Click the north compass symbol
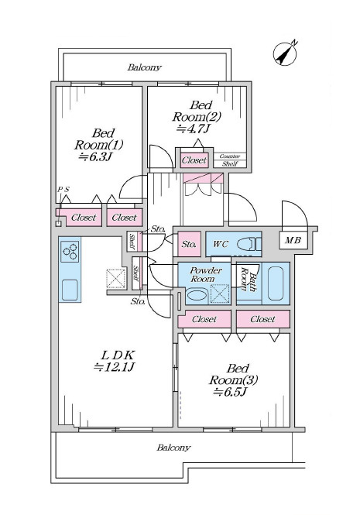[285, 53]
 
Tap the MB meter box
[293, 240]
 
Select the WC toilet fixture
[249, 244]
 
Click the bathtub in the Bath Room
[276, 283]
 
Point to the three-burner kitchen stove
[70, 252]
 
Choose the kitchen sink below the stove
[70, 290]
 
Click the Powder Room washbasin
[197, 294]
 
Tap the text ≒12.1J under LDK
[114, 367]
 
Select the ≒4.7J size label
[193, 129]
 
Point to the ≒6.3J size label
[95, 156]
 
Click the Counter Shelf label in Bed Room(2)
[230, 160]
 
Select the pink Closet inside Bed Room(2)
[194, 160]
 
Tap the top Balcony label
[145, 67]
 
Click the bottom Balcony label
[173, 448]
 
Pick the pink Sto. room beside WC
[189, 244]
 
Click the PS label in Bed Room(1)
[63, 190]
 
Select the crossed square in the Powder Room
[220, 293]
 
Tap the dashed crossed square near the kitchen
[116, 279]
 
